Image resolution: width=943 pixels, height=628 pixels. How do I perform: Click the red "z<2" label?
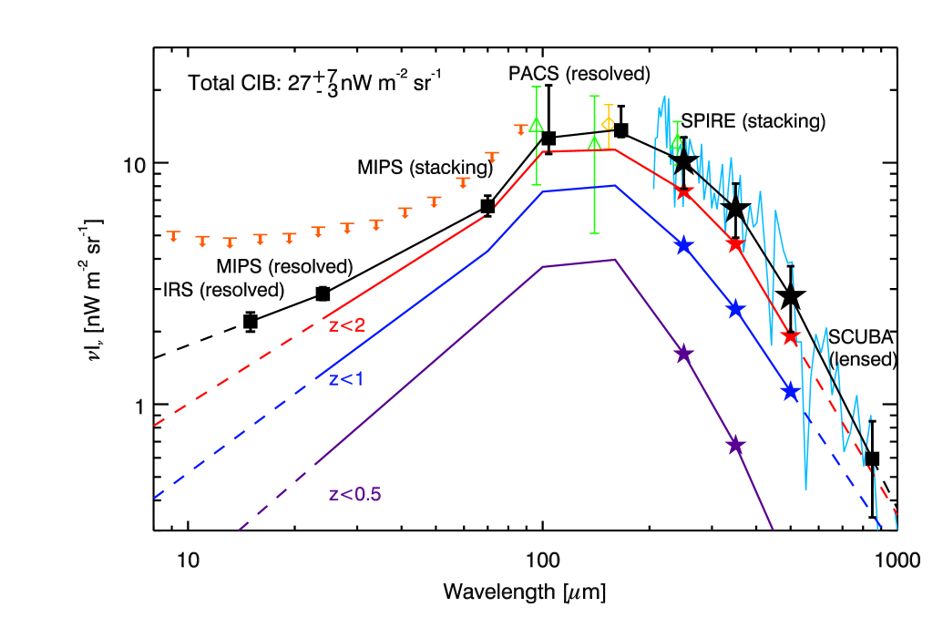coord(347,325)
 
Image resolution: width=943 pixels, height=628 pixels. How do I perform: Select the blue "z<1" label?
coord(346,379)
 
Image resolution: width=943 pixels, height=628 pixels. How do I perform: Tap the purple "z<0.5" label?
coord(355,495)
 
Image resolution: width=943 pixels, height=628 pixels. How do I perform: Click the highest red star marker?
coord(683,190)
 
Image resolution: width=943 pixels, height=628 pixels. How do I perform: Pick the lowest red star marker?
coord(790,337)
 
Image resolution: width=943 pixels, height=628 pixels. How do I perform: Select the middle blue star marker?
coord(735,309)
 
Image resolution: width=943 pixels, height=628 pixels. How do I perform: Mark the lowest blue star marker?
coord(790,392)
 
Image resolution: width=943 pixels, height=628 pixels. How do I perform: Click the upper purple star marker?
coord(683,354)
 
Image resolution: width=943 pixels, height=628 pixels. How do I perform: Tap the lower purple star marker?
coord(735,446)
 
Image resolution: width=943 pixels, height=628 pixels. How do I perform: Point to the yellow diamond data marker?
coord(608,123)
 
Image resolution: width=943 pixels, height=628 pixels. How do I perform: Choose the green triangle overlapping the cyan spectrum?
coord(677,142)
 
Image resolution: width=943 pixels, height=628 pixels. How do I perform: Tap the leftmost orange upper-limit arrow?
coord(173,237)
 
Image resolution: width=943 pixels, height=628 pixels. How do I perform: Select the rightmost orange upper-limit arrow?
coord(521,129)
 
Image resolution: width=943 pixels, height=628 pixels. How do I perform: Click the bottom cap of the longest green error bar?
coord(594,233)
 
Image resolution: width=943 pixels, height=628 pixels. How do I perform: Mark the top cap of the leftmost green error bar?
coord(537,87)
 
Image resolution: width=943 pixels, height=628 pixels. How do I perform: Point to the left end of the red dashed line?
coord(154,426)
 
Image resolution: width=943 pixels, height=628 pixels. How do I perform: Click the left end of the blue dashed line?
coord(154,499)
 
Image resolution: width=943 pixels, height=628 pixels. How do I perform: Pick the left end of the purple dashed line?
coord(239,529)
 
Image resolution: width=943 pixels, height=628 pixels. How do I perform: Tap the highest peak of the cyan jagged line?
coord(665,95)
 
